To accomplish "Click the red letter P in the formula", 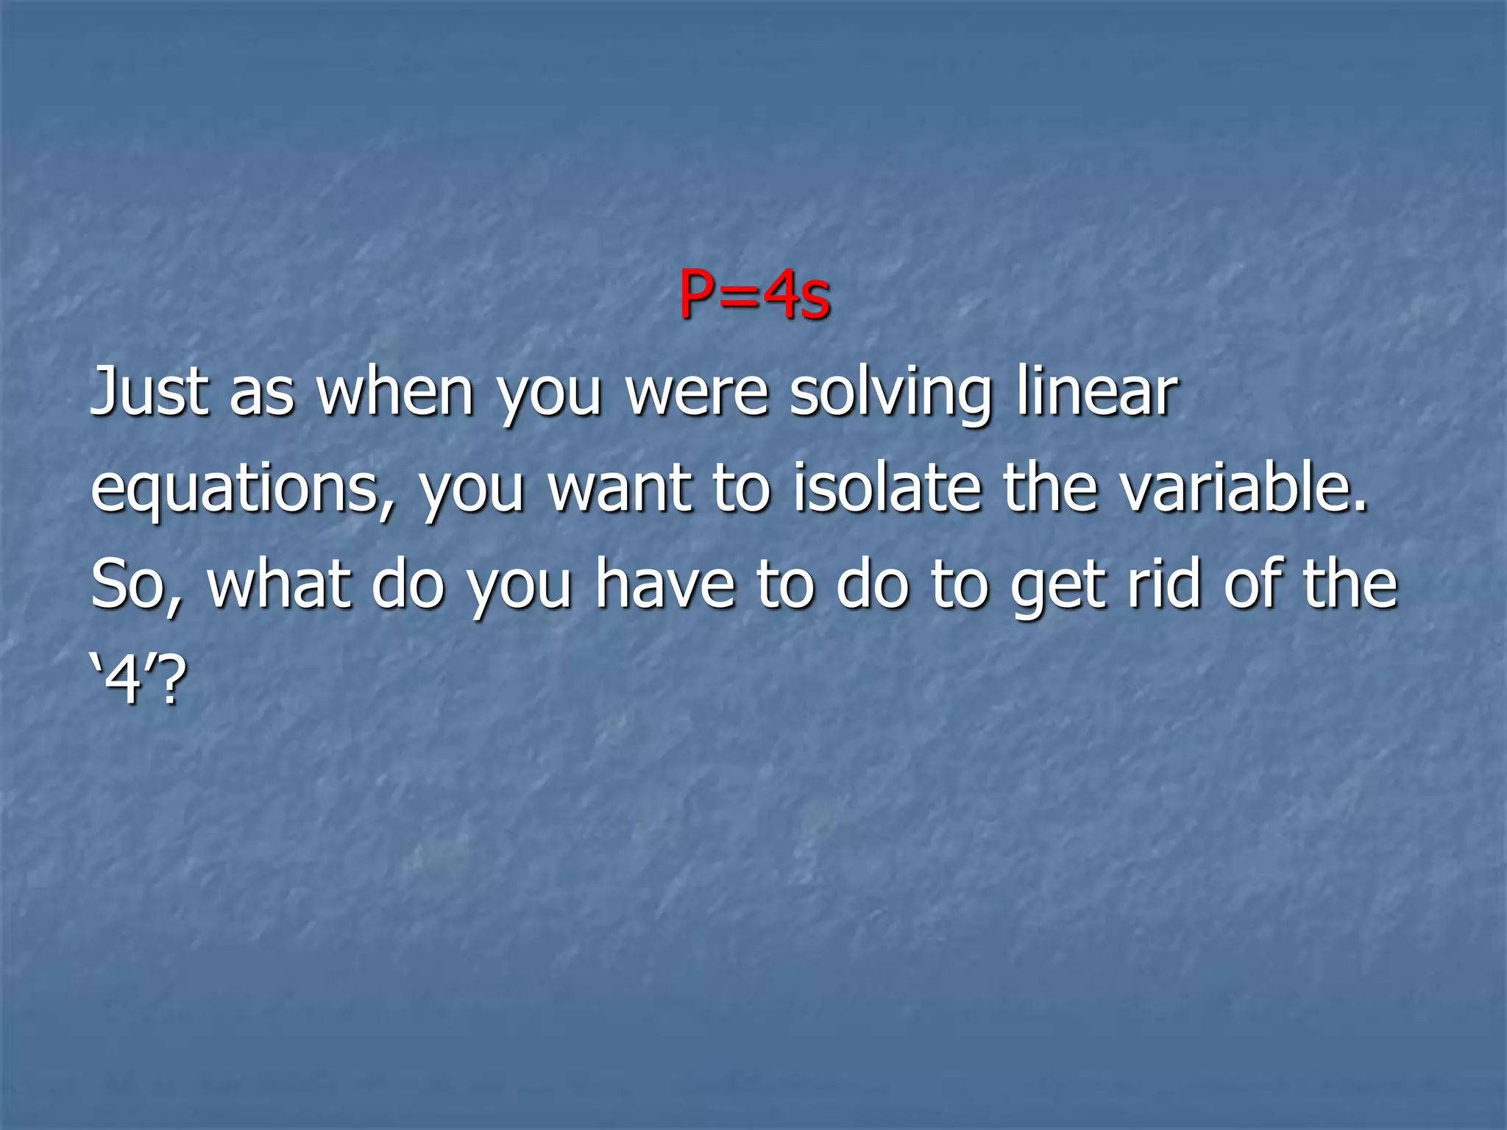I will pos(698,294).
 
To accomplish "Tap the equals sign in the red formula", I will pos(738,296).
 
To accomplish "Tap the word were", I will pos(698,394).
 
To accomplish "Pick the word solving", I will pos(891,394).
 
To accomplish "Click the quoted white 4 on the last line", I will pos(124,681).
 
